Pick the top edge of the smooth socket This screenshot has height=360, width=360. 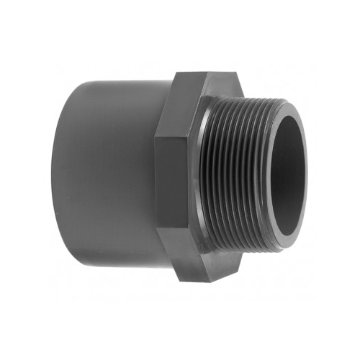pyautogui.click(x=115, y=81)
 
